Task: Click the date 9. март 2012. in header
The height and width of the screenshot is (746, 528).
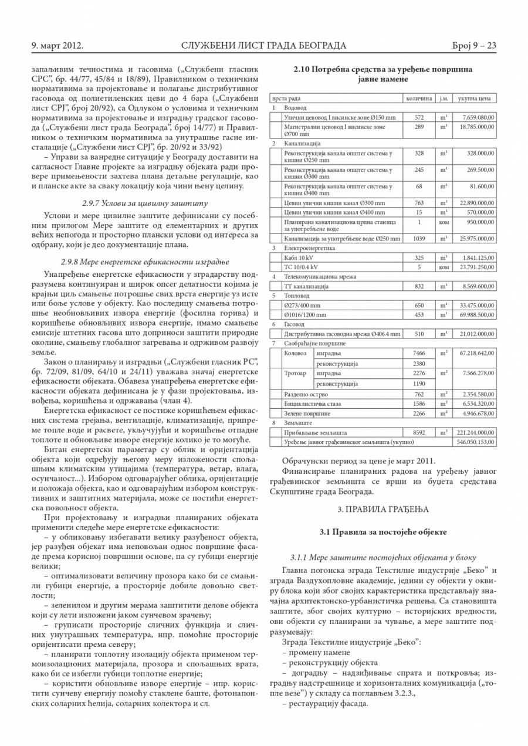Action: [x=57, y=46]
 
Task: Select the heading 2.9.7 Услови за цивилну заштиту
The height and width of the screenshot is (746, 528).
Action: [x=145, y=203]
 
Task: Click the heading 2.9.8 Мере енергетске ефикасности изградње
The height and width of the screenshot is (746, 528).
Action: [x=145, y=262]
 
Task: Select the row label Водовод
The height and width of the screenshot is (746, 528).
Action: [x=295, y=108]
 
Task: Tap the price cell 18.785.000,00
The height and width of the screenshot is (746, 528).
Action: [x=476, y=127]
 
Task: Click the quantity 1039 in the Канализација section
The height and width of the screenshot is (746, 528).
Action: [x=419, y=239]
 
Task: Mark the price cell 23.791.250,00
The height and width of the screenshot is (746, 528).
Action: [x=476, y=267]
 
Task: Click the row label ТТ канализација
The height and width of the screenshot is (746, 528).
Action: [x=307, y=286]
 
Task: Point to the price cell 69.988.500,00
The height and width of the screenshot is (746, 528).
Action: [x=476, y=314]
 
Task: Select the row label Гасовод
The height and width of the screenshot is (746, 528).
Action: [x=294, y=324]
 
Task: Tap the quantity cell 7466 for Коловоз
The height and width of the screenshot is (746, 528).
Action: [x=419, y=353]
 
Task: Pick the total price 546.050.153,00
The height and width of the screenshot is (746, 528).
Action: [x=475, y=442]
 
